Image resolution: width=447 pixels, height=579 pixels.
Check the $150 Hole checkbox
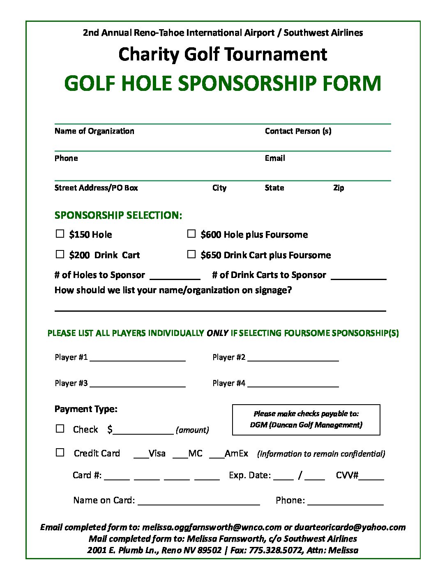click(x=60, y=234)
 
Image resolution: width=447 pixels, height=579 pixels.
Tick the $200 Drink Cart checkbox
click(x=60, y=254)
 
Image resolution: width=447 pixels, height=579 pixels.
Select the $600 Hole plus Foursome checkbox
click(x=191, y=234)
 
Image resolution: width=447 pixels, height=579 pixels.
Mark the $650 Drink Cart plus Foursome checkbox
click(x=191, y=254)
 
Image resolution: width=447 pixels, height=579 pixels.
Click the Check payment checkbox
click(x=60, y=428)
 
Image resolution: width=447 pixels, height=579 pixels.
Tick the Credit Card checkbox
click(x=60, y=452)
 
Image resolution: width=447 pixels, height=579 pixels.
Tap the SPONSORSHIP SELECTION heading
click(x=118, y=215)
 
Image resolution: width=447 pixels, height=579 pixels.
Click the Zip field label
click(x=339, y=188)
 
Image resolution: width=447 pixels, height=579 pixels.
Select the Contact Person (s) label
click(x=298, y=131)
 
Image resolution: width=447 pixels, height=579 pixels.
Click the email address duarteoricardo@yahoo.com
click(x=350, y=527)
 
